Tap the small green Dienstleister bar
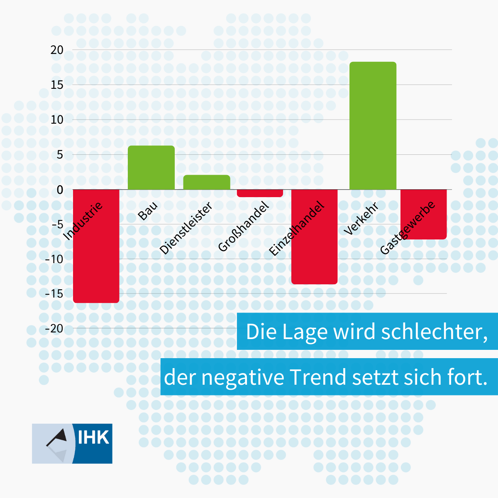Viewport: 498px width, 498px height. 207,183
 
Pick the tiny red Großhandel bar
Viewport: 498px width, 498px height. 260,193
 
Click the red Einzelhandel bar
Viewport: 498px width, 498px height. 314,257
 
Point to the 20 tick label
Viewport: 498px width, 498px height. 57,50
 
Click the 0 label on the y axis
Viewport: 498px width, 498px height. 60,190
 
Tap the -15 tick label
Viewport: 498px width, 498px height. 54,294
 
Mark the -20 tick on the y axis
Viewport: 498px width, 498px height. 54,329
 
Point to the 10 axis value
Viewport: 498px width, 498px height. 57,120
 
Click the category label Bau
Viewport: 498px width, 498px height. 148,211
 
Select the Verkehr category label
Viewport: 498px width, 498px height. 361,219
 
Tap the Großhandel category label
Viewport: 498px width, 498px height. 244,226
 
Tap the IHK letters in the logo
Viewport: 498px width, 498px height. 93,438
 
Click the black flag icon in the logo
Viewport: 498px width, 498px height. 58,437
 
